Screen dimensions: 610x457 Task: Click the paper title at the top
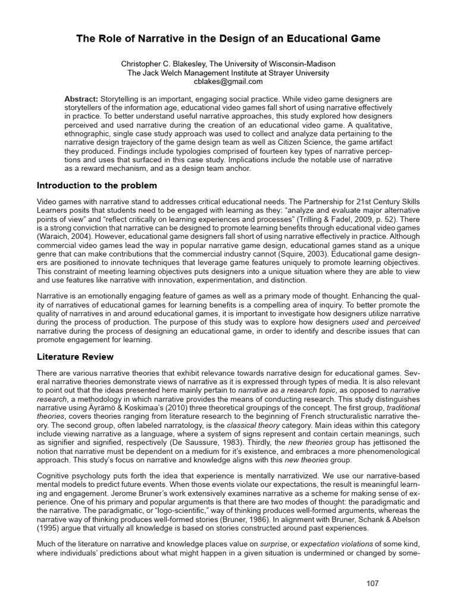point(228,39)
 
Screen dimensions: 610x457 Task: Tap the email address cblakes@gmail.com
point(228,82)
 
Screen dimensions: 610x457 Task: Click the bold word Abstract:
point(82,98)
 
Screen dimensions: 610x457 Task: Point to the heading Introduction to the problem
point(97,185)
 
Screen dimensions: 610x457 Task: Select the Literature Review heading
point(75,356)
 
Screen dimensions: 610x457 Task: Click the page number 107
point(373,583)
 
